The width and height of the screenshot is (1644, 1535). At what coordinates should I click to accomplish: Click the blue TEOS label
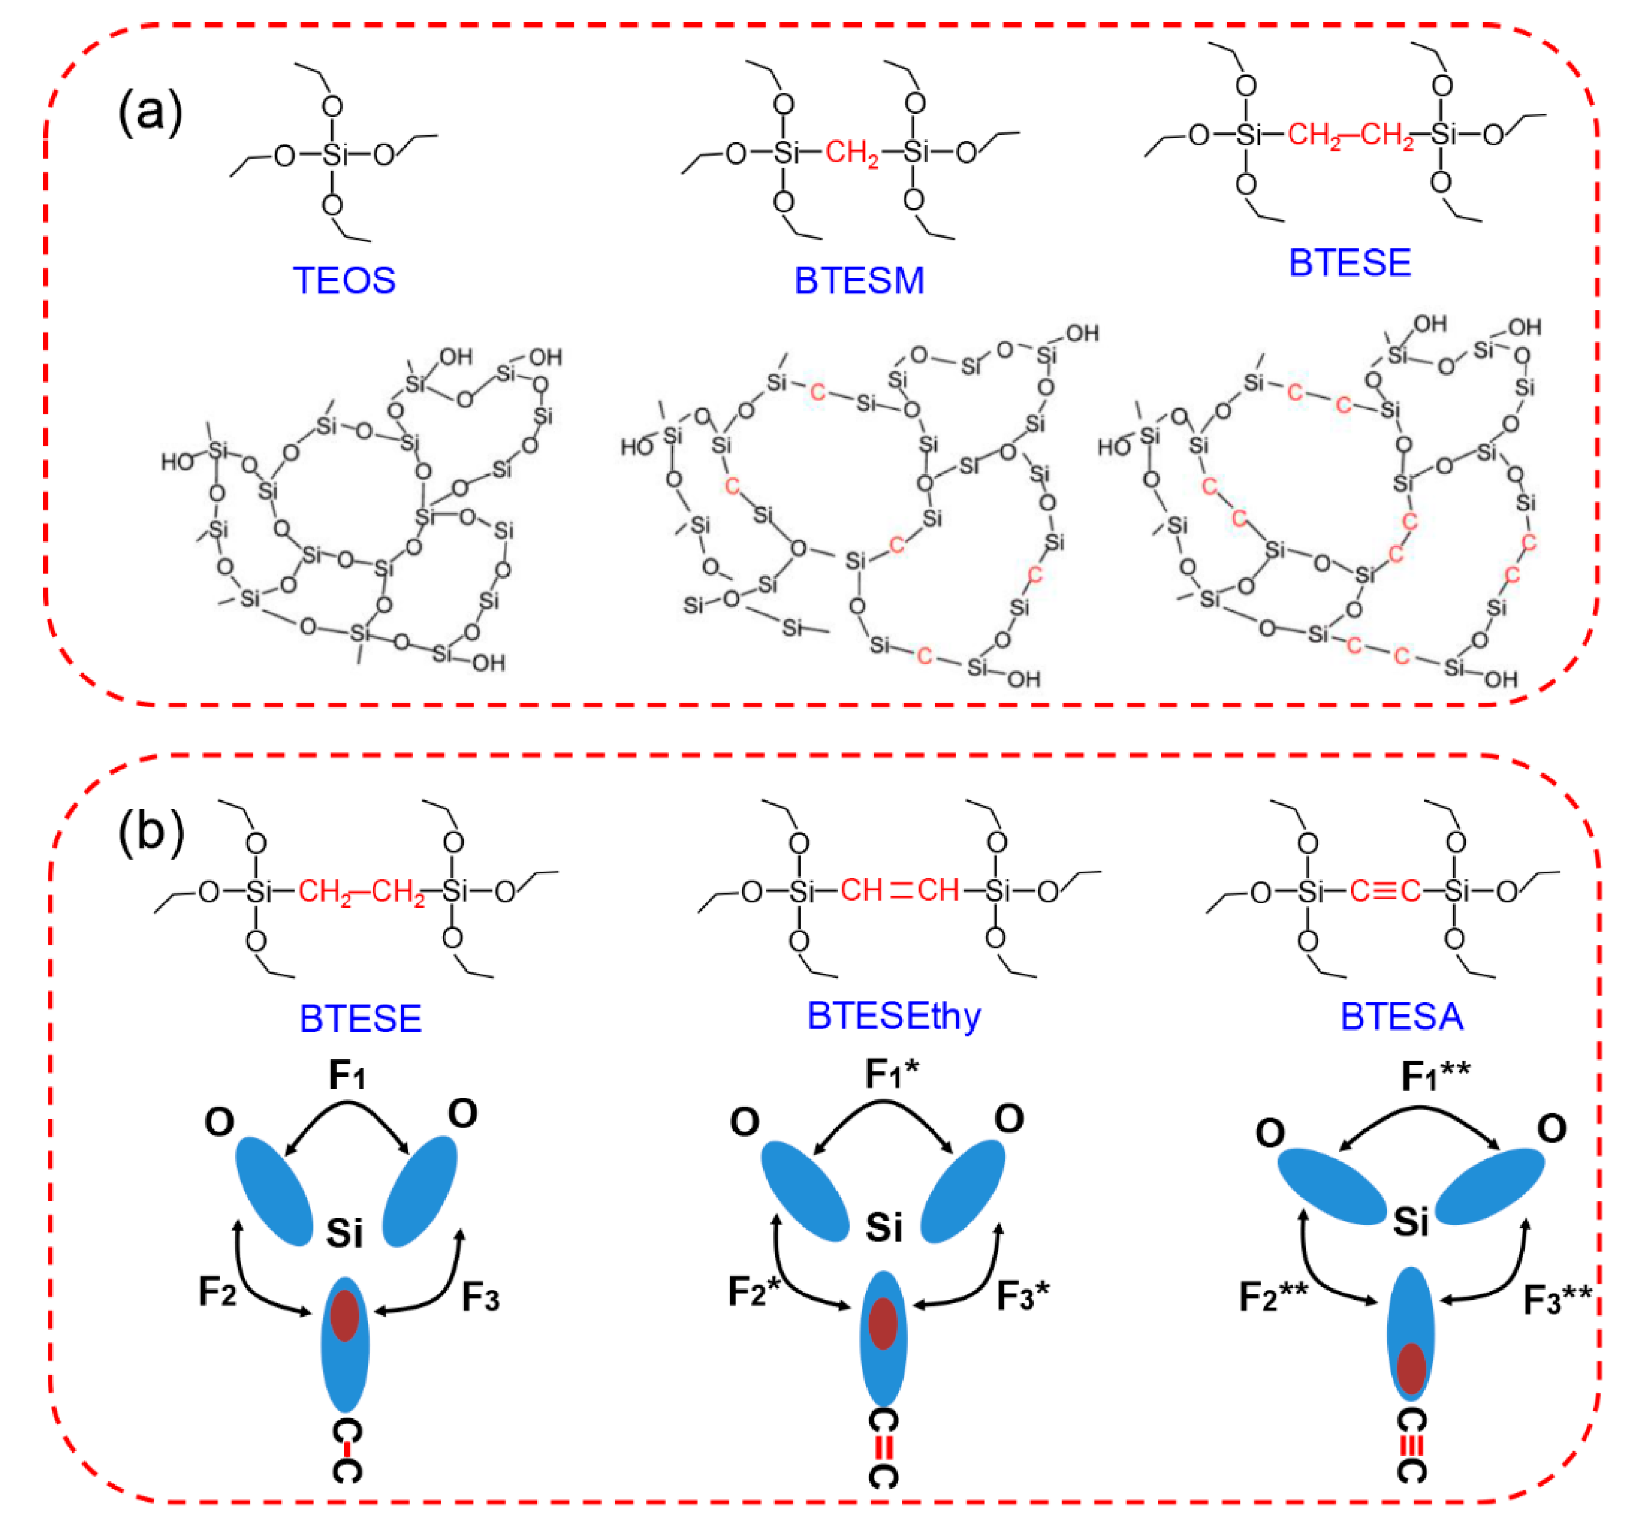(344, 280)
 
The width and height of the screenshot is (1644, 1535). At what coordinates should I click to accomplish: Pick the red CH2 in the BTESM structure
(852, 153)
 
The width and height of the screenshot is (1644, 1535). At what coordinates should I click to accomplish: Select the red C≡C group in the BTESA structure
(1385, 891)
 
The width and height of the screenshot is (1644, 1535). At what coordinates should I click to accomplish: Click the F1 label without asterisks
(347, 1075)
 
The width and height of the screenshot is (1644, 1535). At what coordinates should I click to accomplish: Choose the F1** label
(1436, 1076)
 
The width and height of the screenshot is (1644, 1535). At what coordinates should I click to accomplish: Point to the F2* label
(754, 1291)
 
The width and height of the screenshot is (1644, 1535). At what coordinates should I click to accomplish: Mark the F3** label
(1557, 1300)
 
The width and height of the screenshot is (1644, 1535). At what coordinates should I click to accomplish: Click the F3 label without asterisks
(480, 1296)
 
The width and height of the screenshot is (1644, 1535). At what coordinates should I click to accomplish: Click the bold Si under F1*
(883, 1227)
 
